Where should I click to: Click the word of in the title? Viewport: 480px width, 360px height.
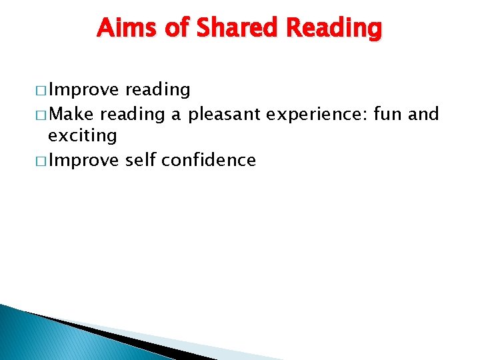click(x=165, y=28)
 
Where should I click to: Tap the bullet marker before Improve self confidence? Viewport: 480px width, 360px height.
click(x=42, y=161)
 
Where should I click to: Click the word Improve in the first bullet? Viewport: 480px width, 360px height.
click(x=84, y=90)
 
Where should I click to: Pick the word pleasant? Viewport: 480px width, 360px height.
click(x=225, y=115)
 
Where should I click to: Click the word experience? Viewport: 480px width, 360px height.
click(x=317, y=115)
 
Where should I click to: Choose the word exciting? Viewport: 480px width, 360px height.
click(x=83, y=137)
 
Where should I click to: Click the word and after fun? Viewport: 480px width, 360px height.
click(x=423, y=114)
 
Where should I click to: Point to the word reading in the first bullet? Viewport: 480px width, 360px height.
click(x=158, y=90)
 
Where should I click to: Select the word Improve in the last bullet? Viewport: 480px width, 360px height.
click(x=84, y=160)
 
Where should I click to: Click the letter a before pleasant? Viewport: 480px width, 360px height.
click(x=175, y=115)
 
